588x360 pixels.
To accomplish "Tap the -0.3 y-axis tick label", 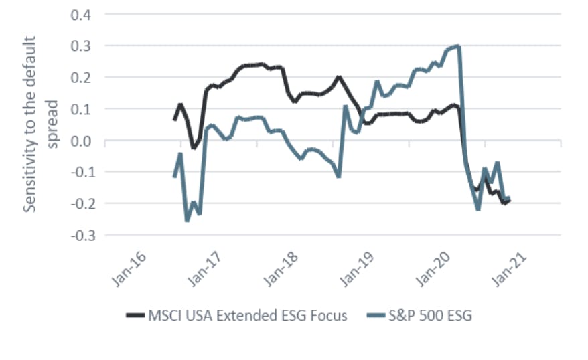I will click(78, 235).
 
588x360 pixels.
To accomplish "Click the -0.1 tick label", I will click(78, 172).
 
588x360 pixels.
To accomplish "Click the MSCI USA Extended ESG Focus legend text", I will click(247, 315).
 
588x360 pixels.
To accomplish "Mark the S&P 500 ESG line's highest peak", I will click(457, 46).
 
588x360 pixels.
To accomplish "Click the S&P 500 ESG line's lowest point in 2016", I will click(187, 220).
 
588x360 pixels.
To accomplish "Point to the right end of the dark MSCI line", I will click(510, 200).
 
